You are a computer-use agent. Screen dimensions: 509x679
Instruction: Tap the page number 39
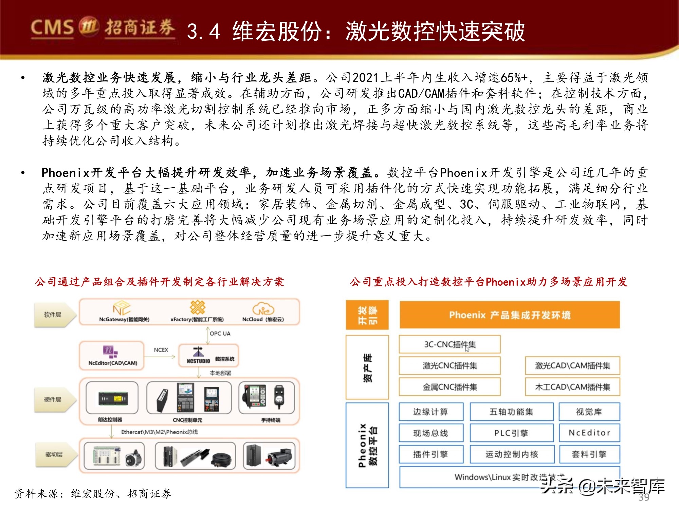point(644,497)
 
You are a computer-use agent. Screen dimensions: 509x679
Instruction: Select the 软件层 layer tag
point(53,315)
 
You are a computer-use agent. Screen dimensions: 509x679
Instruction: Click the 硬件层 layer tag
point(53,399)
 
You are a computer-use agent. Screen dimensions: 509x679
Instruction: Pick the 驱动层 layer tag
point(54,454)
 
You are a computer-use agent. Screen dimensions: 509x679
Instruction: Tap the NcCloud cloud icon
point(263,308)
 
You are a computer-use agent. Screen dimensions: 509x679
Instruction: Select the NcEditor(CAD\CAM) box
point(112,355)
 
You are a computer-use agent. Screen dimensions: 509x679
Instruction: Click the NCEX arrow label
point(161,350)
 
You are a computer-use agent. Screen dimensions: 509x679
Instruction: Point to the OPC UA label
point(220,334)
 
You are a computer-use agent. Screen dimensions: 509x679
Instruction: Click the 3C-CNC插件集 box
point(449,344)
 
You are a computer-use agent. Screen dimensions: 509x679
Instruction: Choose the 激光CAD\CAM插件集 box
point(572,365)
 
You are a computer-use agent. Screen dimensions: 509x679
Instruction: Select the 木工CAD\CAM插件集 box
point(572,387)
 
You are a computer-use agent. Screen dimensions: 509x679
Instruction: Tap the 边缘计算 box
point(430,412)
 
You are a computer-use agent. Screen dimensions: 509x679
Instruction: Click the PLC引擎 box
point(511,433)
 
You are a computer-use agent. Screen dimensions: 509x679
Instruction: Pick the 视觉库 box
point(589,412)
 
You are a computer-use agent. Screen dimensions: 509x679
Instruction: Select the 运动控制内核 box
point(512,454)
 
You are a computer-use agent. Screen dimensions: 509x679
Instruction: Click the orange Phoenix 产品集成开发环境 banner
point(510,315)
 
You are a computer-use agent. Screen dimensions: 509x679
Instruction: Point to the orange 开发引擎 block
point(367,315)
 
